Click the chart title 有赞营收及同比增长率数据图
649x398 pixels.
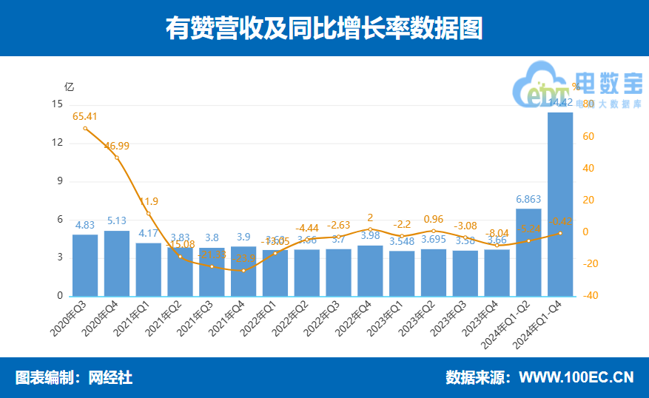324,28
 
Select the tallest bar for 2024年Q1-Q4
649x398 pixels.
560,203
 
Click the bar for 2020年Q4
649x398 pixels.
117,263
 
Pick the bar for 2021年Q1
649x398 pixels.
148,269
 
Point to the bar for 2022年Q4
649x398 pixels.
370,270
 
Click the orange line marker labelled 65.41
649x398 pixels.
85,129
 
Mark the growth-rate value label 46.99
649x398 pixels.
117,146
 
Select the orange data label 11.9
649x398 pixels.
148,201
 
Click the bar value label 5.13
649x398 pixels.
117,220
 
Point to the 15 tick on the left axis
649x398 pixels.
58,104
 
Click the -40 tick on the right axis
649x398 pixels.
588,296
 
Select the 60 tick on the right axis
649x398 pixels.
588,137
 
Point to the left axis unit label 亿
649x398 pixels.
70,86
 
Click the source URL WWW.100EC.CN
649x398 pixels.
576,377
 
